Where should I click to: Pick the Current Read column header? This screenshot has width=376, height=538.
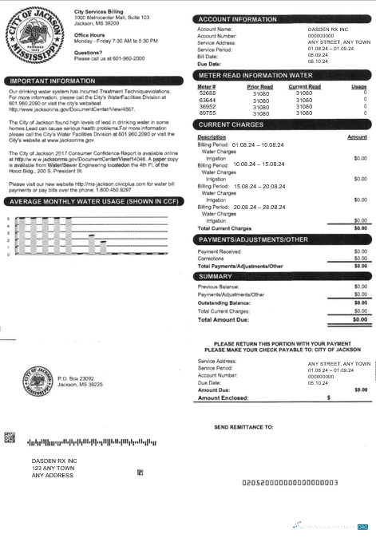(304, 86)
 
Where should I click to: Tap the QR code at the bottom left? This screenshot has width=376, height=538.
(10, 437)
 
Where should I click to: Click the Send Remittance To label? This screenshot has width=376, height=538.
(244, 427)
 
